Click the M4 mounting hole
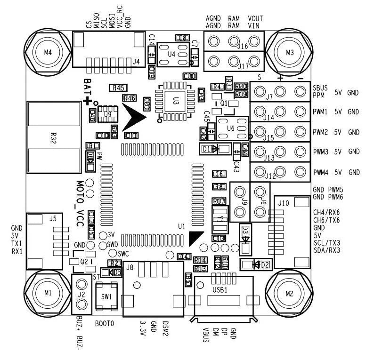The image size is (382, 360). point(48,52)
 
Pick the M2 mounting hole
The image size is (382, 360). point(289,293)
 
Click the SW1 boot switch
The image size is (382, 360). point(106,297)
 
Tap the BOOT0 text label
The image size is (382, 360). point(105,324)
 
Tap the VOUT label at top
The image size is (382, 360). point(255,18)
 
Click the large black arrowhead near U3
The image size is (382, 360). point(135,117)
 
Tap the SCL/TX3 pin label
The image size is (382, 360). point(326,242)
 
